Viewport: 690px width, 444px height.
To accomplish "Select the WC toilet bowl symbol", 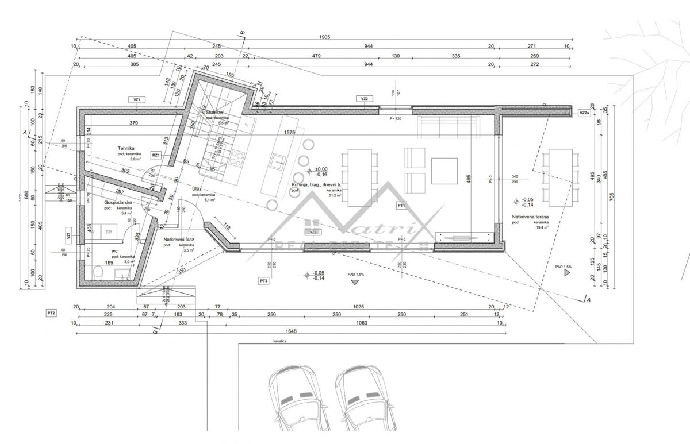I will click(x=97, y=271).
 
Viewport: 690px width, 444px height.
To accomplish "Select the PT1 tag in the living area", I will click(x=401, y=205).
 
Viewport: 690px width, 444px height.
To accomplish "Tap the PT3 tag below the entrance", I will click(x=264, y=281).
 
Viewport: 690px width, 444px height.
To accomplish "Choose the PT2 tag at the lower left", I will click(x=51, y=313).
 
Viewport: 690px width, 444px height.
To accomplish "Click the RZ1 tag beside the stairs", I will click(x=155, y=155).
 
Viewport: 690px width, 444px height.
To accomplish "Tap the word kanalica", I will click(x=280, y=341).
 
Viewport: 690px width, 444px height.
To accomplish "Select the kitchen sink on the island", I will click(x=279, y=161).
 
